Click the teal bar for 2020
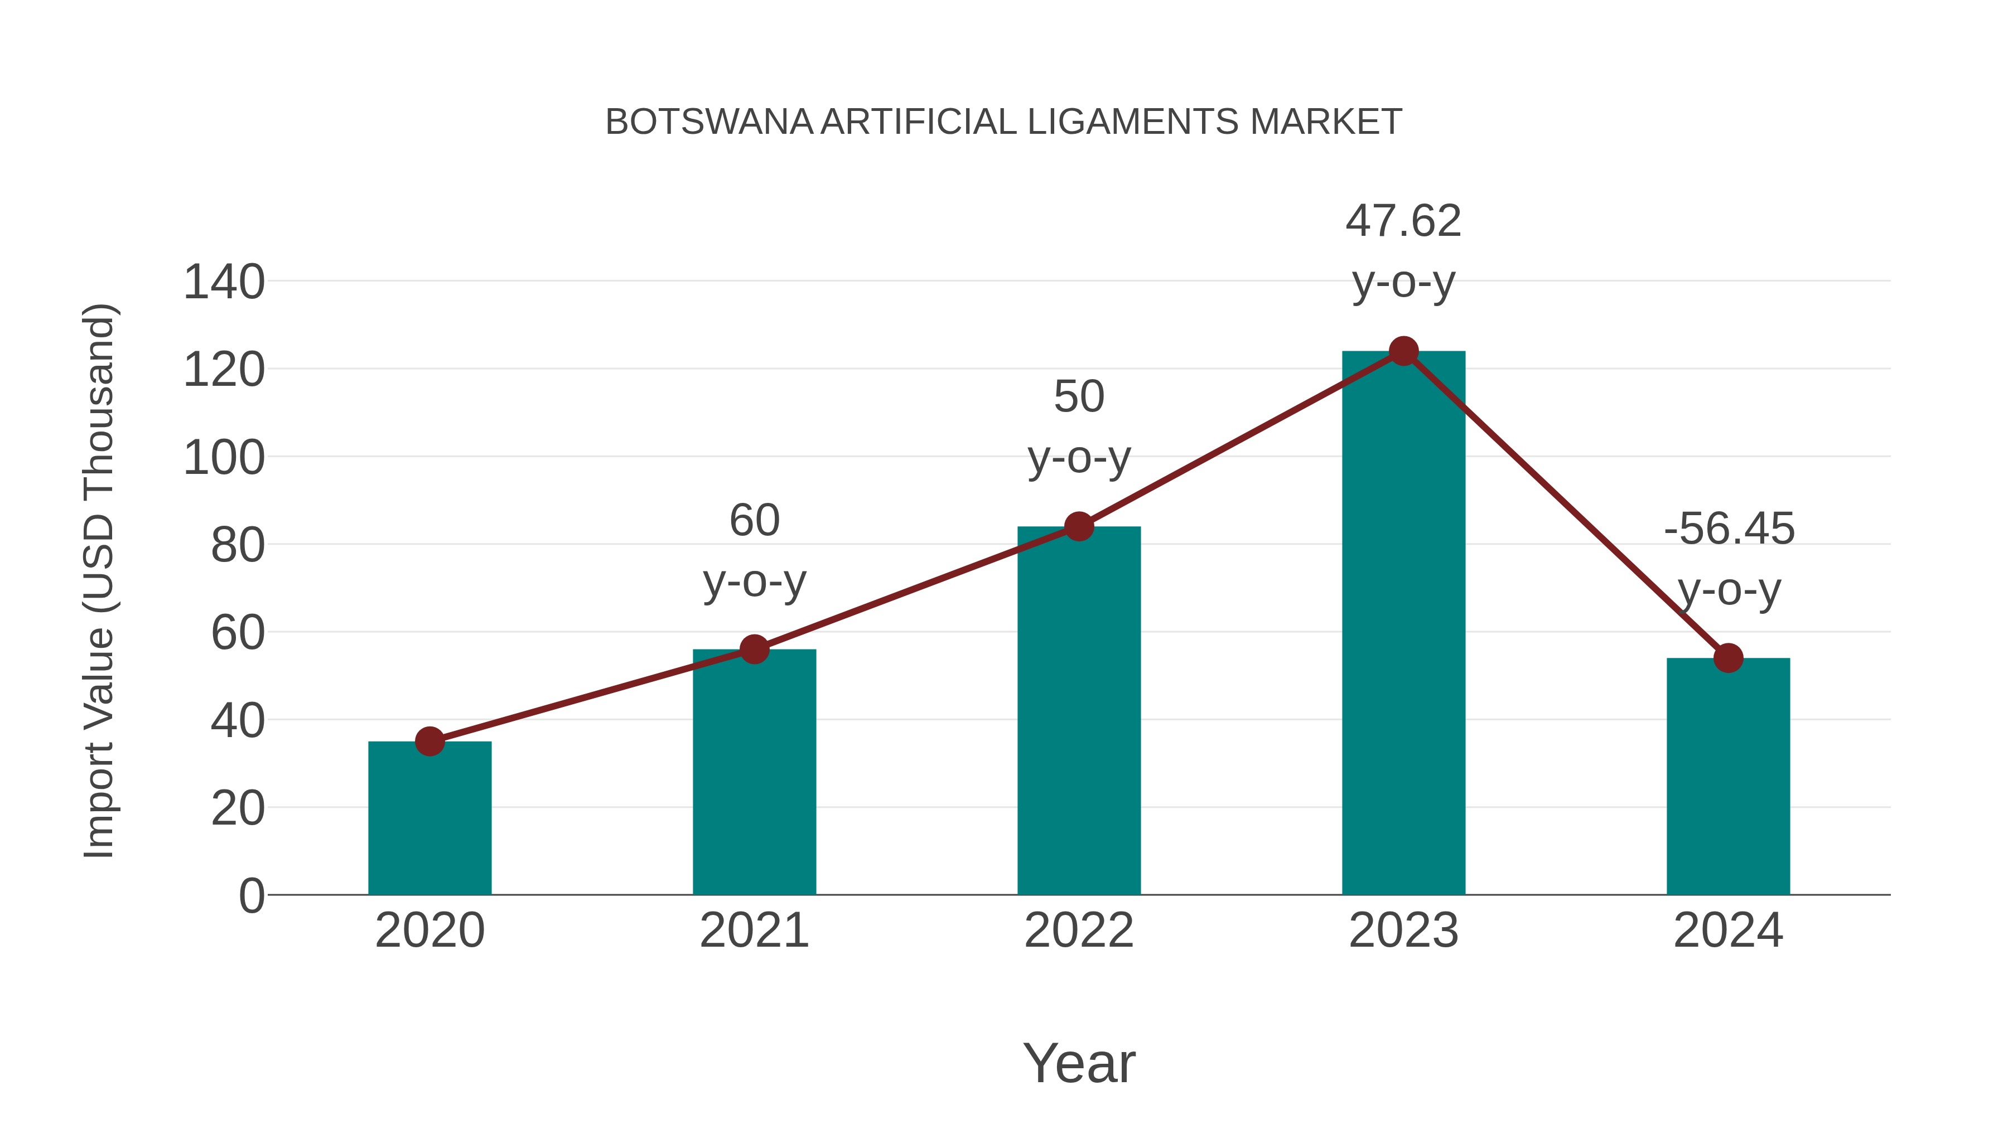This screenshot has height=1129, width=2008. click(x=429, y=818)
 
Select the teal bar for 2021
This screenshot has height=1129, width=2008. click(x=754, y=772)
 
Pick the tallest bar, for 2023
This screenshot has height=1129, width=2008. click(x=1403, y=623)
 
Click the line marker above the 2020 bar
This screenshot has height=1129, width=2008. click(x=429, y=741)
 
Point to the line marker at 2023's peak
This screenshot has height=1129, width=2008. click(x=1403, y=351)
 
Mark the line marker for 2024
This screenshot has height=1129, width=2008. click(x=1728, y=658)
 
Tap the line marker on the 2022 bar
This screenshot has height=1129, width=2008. click(x=1079, y=527)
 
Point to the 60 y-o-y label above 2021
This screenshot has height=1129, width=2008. click(x=754, y=550)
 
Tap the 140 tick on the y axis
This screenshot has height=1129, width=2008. click(x=224, y=282)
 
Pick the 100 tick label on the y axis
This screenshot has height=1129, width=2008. click(x=224, y=458)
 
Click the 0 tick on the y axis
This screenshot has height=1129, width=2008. click(x=251, y=896)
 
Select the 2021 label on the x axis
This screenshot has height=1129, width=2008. click(x=754, y=931)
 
